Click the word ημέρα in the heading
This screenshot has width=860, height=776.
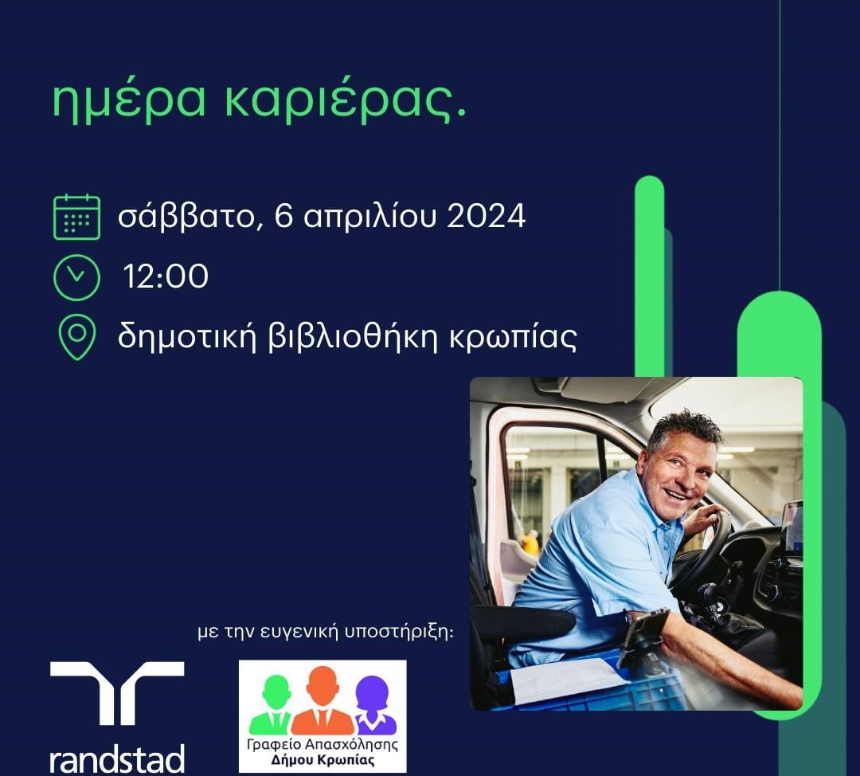pyautogui.click(x=129, y=101)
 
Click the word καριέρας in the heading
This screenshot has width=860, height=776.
pyautogui.click(x=340, y=101)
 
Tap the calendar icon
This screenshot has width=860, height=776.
pyautogui.click(x=76, y=217)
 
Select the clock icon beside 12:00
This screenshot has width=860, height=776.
pyautogui.click(x=76, y=277)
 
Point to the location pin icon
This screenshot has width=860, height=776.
pyautogui.click(x=76, y=337)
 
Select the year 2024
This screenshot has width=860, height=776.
pyautogui.click(x=487, y=216)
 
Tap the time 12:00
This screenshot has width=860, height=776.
pyautogui.click(x=166, y=276)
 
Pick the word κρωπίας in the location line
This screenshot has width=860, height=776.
pyautogui.click(x=513, y=338)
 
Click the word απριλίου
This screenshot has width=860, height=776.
pyautogui.click(x=370, y=217)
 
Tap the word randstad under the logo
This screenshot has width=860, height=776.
pyautogui.click(x=117, y=759)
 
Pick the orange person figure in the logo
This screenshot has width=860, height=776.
pyautogui.click(x=322, y=701)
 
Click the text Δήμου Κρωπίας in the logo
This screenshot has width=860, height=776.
pyautogui.click(x=323, y=760)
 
